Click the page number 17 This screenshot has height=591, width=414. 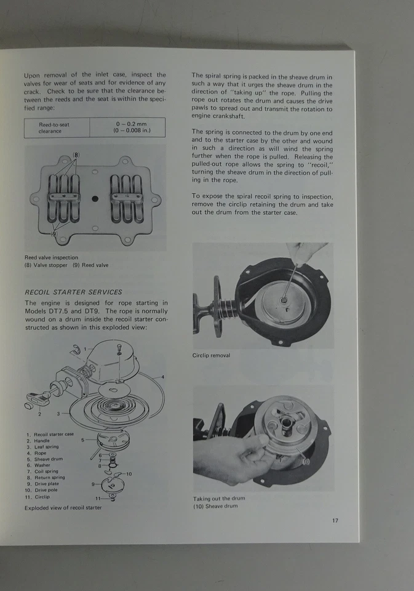(x=335, y=520)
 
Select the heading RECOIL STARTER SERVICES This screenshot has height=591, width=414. (x=73, y=292)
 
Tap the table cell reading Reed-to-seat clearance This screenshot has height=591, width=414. (x=54, y=127)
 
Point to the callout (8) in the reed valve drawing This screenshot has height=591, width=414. (x=77, y=155)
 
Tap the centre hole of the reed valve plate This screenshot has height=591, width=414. (x=95, y=199)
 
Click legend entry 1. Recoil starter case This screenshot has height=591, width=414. (x=50, y=434)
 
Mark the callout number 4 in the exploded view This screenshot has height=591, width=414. (x=162, y=377)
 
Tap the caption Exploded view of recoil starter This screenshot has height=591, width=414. (x=63, y=508)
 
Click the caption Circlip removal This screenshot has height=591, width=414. (x=212, y=355)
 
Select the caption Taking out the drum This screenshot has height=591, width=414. (x=219, y=498)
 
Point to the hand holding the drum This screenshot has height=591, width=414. (x=228, y=459)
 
